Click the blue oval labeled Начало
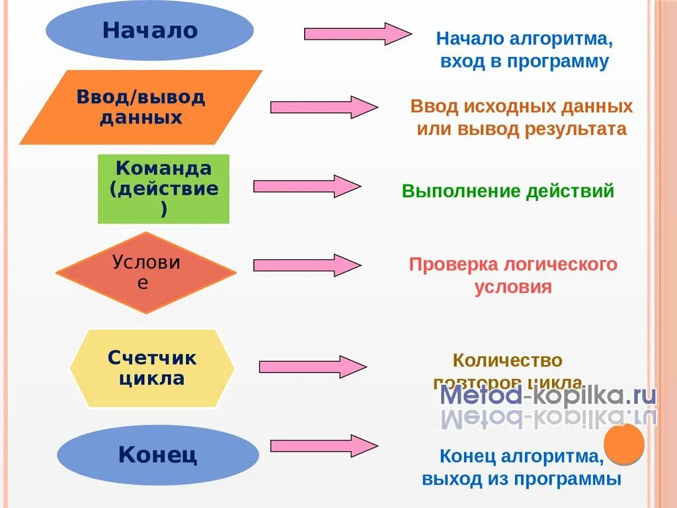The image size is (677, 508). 149,30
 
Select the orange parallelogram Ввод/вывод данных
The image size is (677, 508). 141,108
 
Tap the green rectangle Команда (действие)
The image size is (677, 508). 163,189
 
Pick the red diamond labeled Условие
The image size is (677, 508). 145,272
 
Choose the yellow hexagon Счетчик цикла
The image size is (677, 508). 152,368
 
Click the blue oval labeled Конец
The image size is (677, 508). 157,455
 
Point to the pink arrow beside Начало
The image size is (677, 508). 357,34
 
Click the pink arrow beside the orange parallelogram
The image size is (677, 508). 324,107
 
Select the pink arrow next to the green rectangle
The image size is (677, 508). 307,187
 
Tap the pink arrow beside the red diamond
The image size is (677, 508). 307,265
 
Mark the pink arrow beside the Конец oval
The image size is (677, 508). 323,446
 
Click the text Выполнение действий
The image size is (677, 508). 508,192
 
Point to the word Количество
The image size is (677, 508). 507,361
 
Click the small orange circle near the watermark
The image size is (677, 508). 624,444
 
